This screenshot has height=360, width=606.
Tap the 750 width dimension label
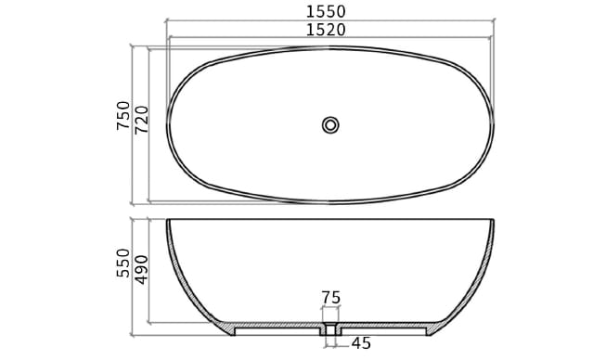point(123,116)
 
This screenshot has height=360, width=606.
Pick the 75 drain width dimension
point(330,298)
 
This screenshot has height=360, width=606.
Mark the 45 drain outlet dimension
point(360,344)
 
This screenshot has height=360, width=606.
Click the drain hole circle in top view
point(330,124)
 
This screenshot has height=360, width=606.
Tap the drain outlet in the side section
point(330,330)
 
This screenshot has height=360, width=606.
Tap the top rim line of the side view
point(330,220)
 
